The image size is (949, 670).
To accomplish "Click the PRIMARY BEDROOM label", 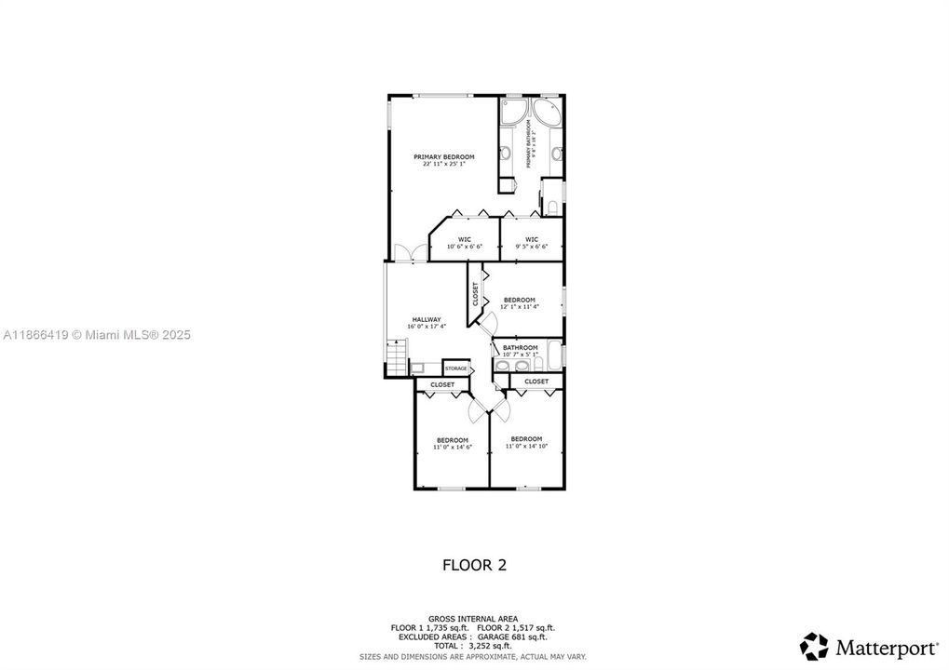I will [x=444, y=156].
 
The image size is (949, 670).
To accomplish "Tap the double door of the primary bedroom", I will [x=404, y=252].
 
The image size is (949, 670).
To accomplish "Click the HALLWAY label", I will [x=427, y=319].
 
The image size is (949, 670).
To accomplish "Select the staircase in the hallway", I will [x=396, y=357].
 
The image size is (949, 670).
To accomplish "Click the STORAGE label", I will [x=455, y=368].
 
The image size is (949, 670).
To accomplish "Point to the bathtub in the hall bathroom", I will [x=554, y=354].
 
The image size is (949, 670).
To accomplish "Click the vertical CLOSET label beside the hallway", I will [x=475, y=293].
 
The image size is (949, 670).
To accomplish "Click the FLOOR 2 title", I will [x=474, y=564].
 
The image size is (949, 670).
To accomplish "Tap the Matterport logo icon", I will [x=815, y=645].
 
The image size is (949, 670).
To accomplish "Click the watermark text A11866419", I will [x=34, y=334].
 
